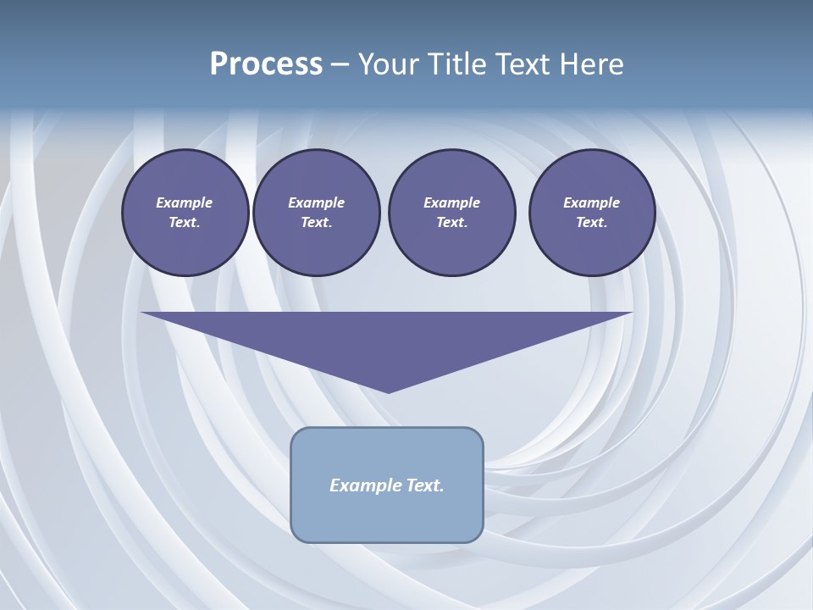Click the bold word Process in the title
[x=266, y=64]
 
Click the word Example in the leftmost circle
[x=185, y=202]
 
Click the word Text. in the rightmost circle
[x=592, y=223]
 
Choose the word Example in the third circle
[x=451, y=202]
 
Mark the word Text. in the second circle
[x=317, y=223]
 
